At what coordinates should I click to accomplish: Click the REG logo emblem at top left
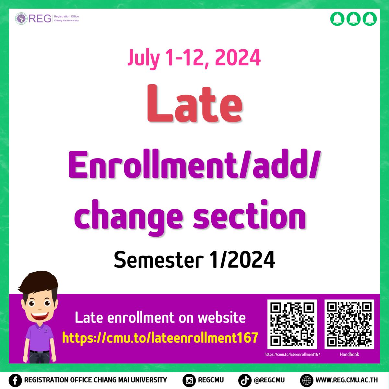21,18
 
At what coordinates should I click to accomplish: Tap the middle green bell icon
353,19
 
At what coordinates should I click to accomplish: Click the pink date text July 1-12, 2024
194,58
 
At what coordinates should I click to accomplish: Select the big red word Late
195,103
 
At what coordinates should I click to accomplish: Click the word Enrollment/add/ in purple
194,164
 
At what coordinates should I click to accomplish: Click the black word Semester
159,259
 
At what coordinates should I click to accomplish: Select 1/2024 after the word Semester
242,259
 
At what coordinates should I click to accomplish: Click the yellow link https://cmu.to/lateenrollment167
160,337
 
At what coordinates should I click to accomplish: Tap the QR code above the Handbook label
349,324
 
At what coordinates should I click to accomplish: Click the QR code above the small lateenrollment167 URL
292,324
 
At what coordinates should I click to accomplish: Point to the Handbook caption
349,354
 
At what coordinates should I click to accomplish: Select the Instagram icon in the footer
189,381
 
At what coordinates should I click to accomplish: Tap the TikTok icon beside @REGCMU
245,381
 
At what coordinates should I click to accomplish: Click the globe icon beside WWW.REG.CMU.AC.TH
307,381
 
